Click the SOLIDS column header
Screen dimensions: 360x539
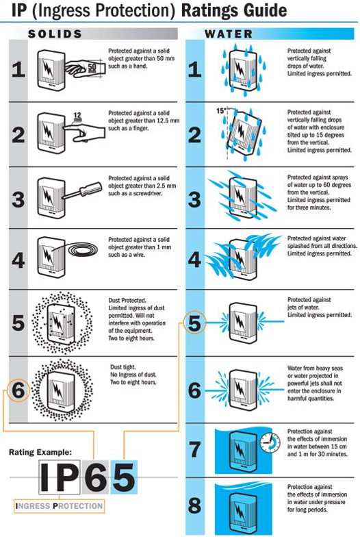(55, 34)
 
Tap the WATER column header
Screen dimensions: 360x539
(229, 34)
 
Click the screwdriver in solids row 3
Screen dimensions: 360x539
(81, 191)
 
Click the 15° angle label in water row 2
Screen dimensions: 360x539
(222, 111)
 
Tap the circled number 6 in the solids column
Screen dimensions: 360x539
(18, 390)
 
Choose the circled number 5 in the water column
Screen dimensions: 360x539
(195, 323)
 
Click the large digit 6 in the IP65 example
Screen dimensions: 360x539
(95, 477)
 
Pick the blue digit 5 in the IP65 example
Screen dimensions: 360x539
(124, 477)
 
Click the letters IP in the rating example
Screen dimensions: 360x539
(59, 477)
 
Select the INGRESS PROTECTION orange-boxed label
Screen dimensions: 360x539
(59, 506)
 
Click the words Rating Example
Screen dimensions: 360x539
(40, 452)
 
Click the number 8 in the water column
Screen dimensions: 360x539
(195, 505)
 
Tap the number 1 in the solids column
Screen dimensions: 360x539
(18, 69)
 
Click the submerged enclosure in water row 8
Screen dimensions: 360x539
(243, 509)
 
